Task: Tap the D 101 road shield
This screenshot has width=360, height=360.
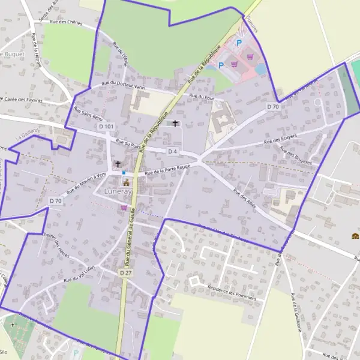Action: [x=106, y=127]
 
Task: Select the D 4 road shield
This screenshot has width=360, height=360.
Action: [x=173, y=151]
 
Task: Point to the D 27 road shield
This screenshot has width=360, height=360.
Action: [x=125, y=272]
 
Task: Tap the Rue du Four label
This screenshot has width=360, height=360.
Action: [x=202, y=96]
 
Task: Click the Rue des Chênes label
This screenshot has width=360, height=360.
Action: [x=65, y=22]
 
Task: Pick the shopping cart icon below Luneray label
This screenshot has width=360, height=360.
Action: [x=124, y=208]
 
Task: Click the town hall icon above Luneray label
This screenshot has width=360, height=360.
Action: [x=127, y=182]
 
